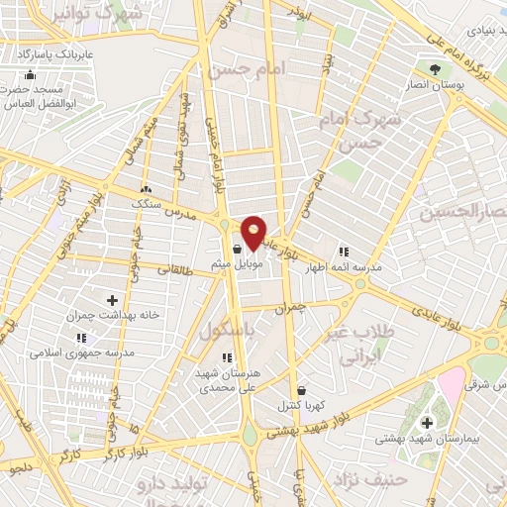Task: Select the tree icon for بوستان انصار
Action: [x=435, y=68]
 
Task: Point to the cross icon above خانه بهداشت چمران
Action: [x=111, y=299]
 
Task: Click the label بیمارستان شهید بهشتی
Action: [x=426, y=438]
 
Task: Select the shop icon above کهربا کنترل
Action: [x=301, y=390]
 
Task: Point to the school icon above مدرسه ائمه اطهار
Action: [x=343, y=252]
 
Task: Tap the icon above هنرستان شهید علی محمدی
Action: [x=227, y=356]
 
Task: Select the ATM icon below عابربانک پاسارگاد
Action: [x=30, y=75]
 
